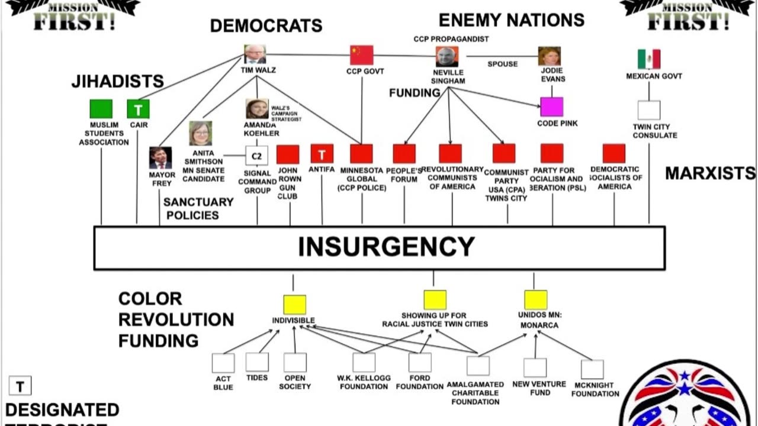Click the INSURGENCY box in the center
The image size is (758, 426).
coord(379,247)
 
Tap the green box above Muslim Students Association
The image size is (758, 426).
coord(101,109)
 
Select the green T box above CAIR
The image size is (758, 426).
coord(138,109)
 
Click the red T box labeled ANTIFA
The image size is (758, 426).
coord(322,154)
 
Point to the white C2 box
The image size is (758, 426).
coord(256,156)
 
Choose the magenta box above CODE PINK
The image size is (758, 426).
coord(551,107)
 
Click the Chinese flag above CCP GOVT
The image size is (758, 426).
coord(361,55)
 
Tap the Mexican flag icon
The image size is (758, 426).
coord(648,59)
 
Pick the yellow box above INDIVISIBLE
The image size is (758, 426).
coord(294,304)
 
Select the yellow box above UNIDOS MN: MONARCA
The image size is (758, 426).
coord(535,299)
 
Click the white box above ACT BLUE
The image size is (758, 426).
coord(223,363)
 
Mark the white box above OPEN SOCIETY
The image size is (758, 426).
coord(295,362)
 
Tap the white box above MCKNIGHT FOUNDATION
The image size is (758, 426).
coord(592,369)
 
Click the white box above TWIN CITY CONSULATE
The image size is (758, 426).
coord(648,110)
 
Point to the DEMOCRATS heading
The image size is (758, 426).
coord(266,25)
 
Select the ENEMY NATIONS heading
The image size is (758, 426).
coord(511,20)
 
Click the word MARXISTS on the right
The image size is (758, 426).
coord(710,173)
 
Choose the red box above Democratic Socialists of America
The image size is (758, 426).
coord(614,153)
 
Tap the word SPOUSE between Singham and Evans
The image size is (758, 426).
coord(502,64)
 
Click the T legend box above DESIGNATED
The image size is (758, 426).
coord(20,386)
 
